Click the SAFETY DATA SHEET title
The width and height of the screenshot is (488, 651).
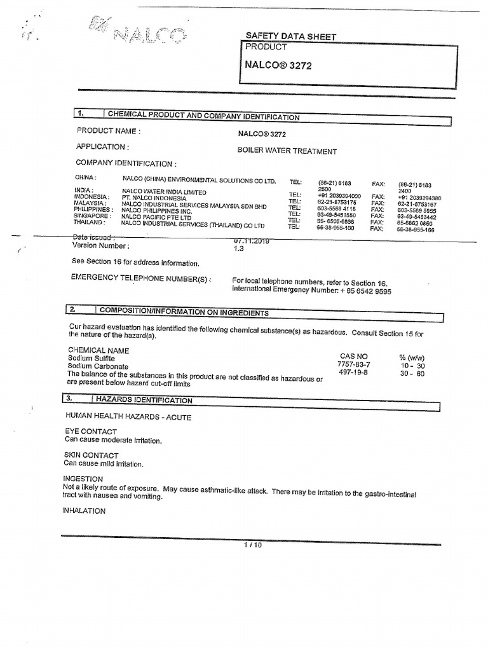(x=290, y=37)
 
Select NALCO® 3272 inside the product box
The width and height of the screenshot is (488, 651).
(x=278, y=65)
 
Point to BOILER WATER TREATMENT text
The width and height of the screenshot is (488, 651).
(x=287, y=151)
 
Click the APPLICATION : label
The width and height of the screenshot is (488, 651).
(x=102, y=147)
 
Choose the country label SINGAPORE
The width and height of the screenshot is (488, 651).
(x=91, y=216)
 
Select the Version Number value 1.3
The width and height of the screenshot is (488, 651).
(x=239, y=249)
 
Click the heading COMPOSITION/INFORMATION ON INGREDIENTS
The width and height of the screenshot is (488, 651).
(x=184, y=312)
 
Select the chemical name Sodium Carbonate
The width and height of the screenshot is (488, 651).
(x=98, y=367)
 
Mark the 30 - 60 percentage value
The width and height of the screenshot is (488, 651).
(x=412, y=373)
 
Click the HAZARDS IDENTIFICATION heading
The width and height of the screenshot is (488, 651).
(x=144, y=400)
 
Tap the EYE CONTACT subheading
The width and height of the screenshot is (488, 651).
(x=91, y=432)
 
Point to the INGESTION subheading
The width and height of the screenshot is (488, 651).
(x=83, y=479)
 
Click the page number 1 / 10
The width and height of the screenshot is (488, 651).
(x=252, y=545)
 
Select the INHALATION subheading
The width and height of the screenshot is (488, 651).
(x=84, y=511)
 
